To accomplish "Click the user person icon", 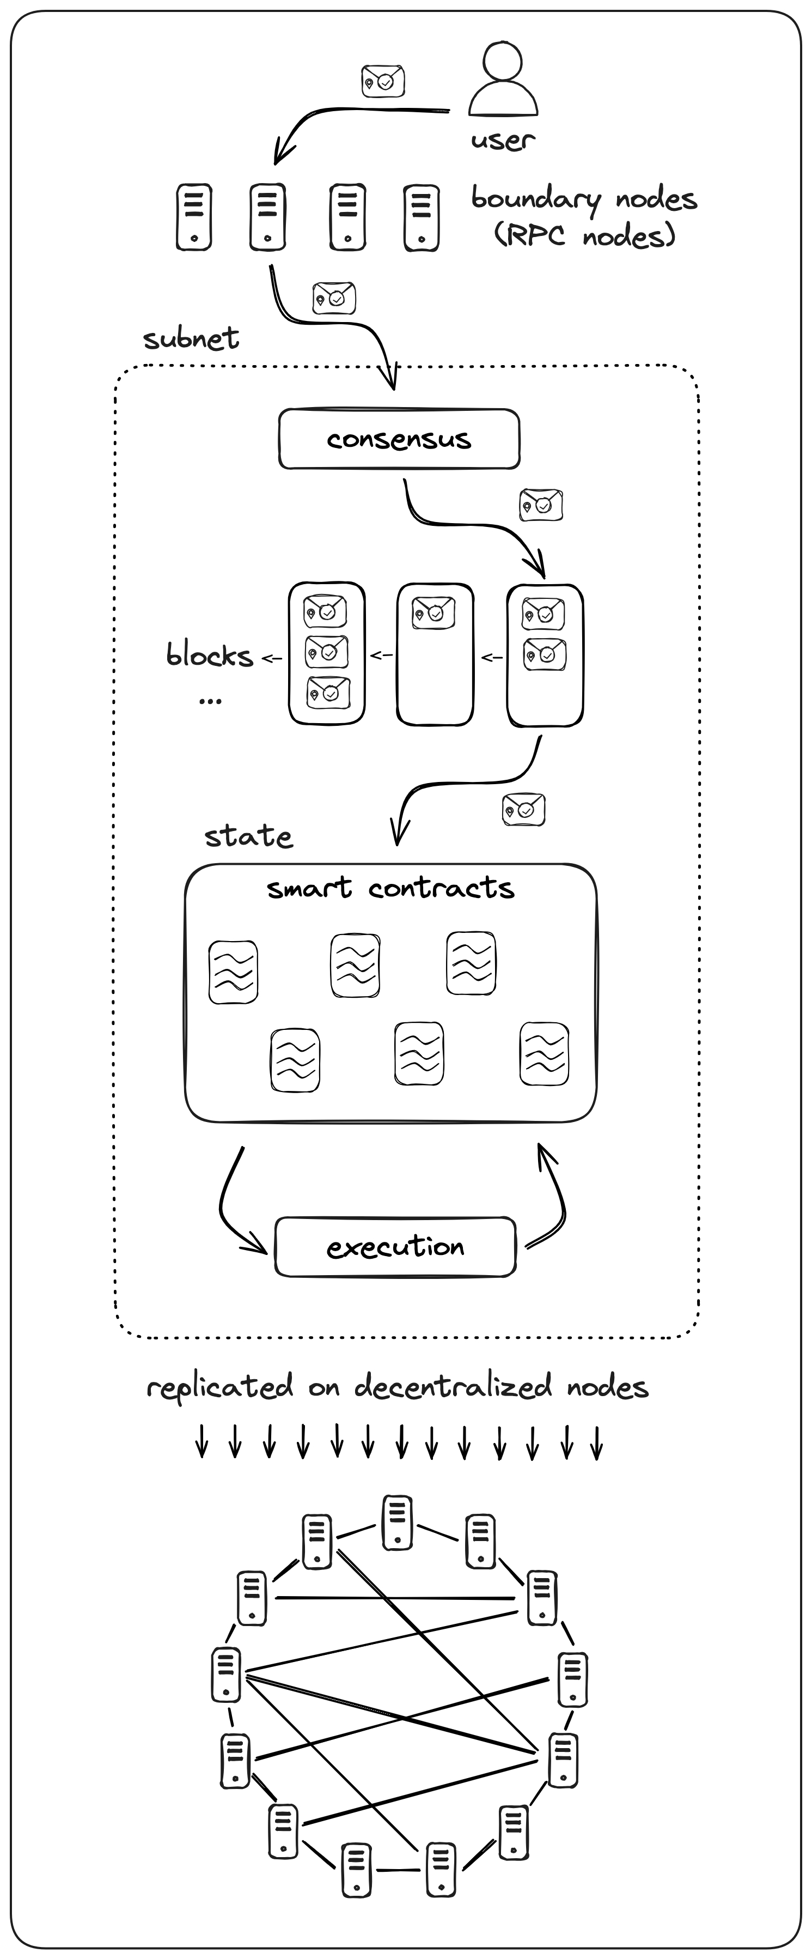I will coord(503,78).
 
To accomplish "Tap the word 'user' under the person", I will coord(503,141).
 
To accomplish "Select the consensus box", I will coord(399,439).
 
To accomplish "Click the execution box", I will coord(395,1247).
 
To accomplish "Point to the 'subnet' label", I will coord(191,338).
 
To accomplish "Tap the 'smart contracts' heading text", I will coord(390,888).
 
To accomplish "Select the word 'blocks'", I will coord(210,656).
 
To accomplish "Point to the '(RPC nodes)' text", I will coord(585,236).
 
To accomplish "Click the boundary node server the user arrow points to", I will coord(267,217).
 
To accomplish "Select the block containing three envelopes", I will coord(327,653).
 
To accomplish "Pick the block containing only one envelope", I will coord(435,654).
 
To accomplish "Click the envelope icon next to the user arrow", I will coord(382,81).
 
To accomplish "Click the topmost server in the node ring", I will coord(398,1523).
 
